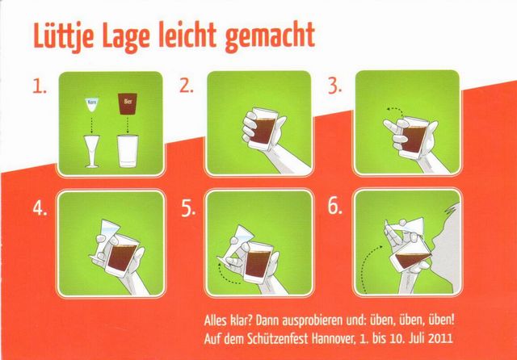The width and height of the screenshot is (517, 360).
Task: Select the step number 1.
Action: click(40, 86)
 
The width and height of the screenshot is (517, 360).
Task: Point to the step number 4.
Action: click(40, 208)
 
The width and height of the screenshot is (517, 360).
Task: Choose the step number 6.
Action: click(334, 207)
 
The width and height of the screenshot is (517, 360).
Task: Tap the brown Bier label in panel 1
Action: click(128, 104)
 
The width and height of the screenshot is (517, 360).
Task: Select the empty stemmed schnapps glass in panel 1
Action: click(92, 151)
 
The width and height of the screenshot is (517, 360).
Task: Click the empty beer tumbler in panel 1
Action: click(128, 151)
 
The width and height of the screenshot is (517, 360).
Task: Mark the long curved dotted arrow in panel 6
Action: click(365, 263)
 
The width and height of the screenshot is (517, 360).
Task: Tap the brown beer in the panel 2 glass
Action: click(263, 131)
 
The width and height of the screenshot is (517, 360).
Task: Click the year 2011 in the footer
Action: click(440, 338)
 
